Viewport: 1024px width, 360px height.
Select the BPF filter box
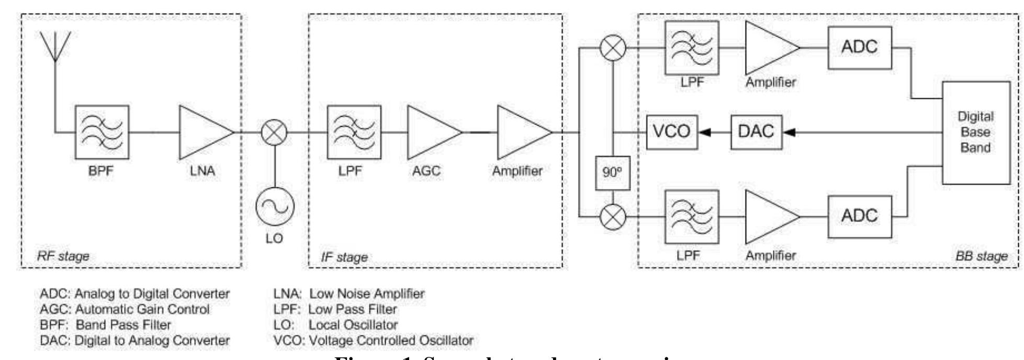point(102,132)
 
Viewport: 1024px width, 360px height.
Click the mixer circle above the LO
point(274,132)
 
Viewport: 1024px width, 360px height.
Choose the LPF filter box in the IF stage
point(354,132)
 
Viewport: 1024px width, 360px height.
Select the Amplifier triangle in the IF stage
point(522,132)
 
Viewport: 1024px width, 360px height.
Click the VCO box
point(672,132)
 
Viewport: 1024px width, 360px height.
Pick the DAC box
point(756,132)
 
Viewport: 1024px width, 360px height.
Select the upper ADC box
point(860,48)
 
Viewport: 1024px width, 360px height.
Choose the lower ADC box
point(860,216)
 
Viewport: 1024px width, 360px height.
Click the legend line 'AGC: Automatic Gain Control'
point(125,309)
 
